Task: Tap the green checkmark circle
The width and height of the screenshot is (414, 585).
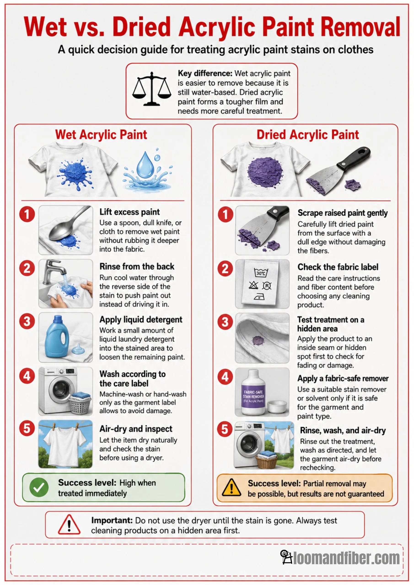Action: click(39, 487)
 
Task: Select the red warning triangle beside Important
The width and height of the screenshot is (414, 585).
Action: click(69, 525)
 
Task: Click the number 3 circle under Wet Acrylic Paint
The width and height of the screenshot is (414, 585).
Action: click(27, 321)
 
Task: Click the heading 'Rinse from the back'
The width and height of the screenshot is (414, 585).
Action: click(137, 266)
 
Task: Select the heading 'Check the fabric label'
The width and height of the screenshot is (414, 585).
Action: click(338, 267)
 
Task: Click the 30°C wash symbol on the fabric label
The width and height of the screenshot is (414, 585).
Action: click(261, 273)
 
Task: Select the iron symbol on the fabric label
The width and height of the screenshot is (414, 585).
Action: click(259, 296)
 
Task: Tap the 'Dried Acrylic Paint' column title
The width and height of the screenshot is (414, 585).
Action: click(308, 135)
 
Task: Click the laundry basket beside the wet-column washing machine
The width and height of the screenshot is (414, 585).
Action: click(80, 403)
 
